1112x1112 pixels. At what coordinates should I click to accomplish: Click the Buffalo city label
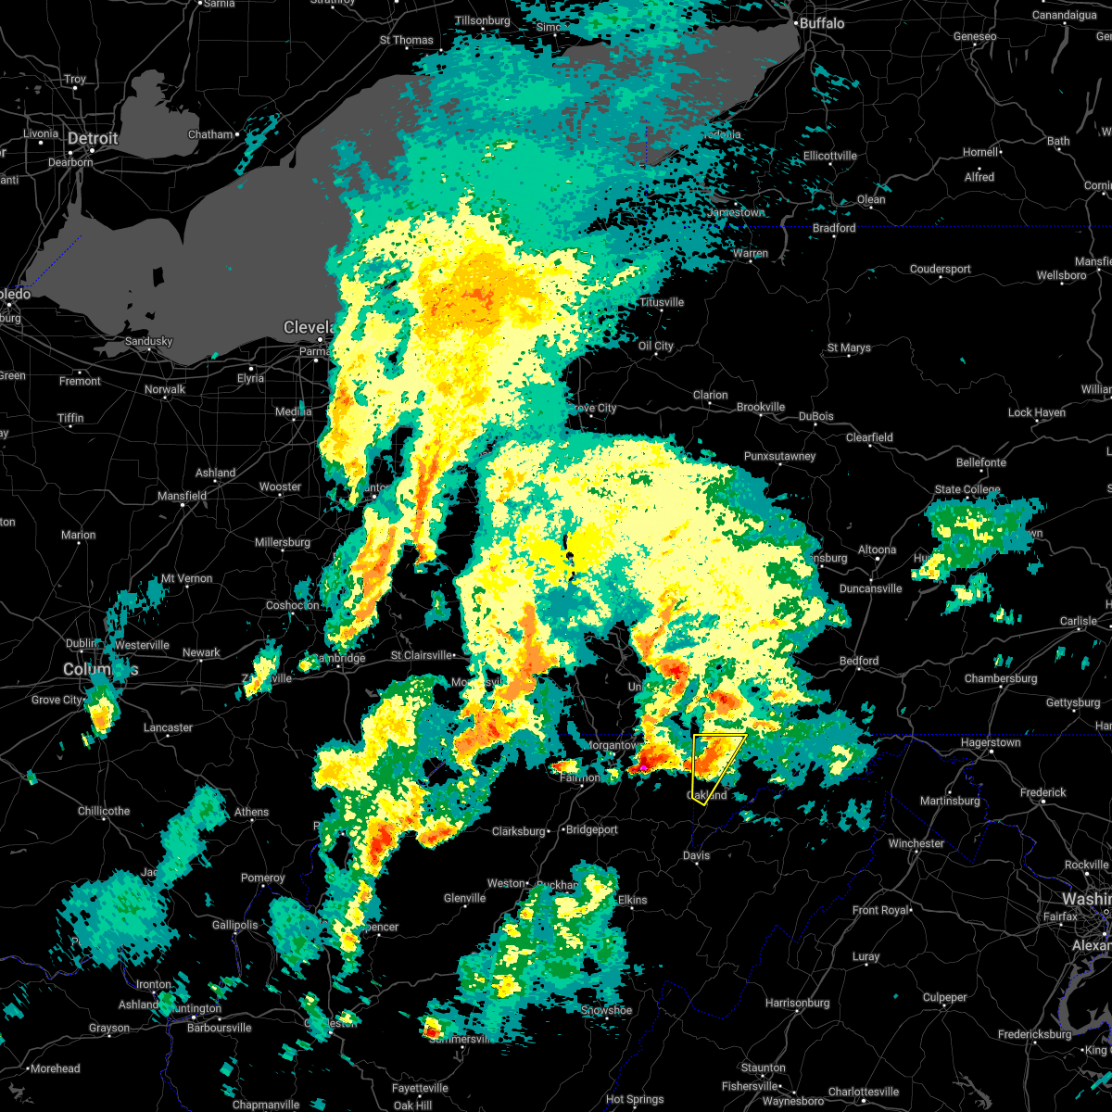coord(822,22)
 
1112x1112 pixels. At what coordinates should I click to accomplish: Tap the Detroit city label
coord(93,139)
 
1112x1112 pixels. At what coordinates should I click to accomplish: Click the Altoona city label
coord(877,550)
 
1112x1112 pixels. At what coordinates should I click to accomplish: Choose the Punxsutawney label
coord(779,456)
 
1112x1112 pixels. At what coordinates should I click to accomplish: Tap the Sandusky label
coord(148,341)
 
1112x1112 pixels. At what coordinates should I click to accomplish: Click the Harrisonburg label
coord(798,1003)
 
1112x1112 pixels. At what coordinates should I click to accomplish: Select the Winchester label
coord(916,843)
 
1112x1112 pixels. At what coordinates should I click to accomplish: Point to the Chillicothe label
coord(104,811)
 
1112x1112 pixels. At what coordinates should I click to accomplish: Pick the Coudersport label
coord(940,269)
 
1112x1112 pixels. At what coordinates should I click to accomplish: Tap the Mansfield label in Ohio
coord(182,496)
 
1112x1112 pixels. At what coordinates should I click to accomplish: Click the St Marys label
coord(849,348)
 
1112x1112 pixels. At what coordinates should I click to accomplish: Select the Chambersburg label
coord(1000,678)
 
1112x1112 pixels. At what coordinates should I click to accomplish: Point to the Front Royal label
coord(881,910)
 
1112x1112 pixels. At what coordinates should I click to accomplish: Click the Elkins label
coord(632,900)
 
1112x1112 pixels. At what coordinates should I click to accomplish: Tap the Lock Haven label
coord(1036,412)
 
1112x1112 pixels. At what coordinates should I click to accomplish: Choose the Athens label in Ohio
coord(251,812)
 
